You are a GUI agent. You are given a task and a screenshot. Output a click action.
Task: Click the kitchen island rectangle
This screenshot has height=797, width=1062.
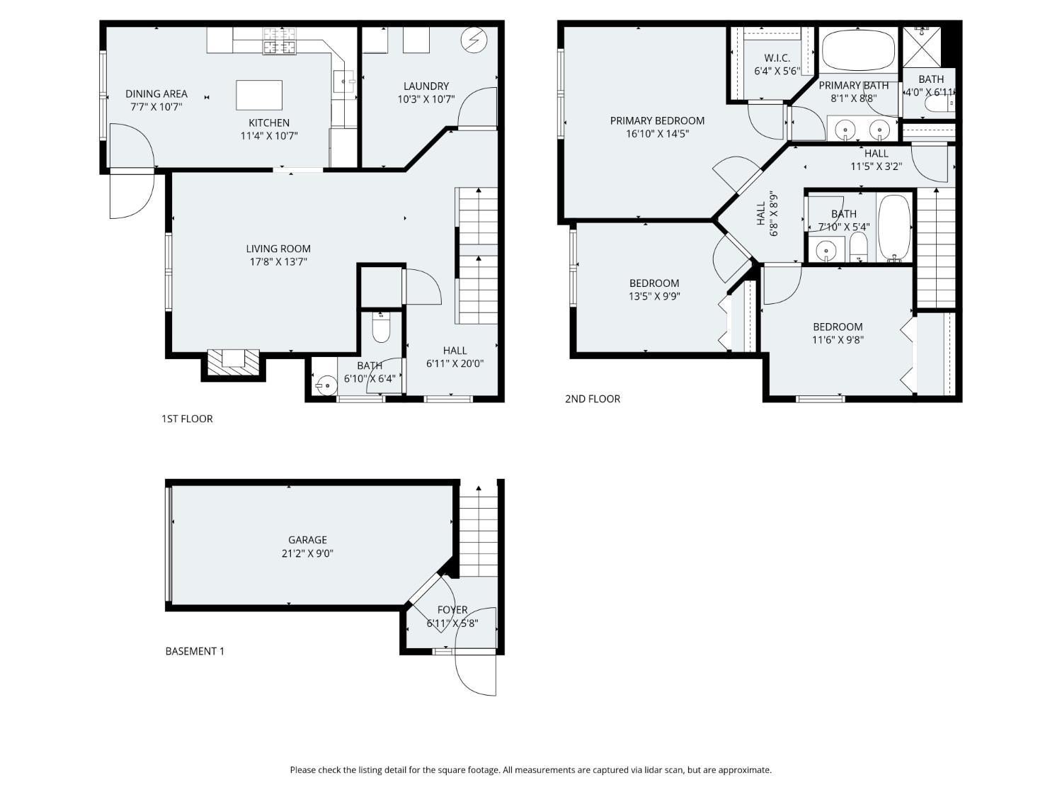(x=258, y=95)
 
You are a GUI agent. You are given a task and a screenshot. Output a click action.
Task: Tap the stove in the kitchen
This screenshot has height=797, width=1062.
(x=280, y=41)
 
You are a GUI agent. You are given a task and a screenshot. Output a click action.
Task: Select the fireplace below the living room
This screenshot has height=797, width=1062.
(x=233, y=359)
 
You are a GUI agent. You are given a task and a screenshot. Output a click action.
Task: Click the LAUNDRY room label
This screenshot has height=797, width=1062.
(x=426, y=86)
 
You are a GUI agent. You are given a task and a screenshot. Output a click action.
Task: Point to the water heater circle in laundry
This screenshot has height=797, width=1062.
(x=471, y=40)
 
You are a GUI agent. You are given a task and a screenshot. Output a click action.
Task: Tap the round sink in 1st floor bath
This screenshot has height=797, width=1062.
(x=325, y=387)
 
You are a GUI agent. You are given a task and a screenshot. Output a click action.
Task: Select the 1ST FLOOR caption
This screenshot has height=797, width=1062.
(x=187, y=419)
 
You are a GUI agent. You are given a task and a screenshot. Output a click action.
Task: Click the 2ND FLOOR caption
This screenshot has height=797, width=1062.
(x=592, y=399)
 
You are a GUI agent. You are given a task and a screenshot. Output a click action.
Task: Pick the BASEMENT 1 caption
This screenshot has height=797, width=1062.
(x=195, y=651)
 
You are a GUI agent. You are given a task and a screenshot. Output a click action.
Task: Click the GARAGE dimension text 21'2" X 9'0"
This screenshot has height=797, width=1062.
(x=307, y=553)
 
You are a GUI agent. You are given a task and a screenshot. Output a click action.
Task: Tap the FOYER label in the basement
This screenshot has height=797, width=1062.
(x=452, y=610)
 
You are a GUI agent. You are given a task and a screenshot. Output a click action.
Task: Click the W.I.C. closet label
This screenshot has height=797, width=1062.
(x=777, y=58)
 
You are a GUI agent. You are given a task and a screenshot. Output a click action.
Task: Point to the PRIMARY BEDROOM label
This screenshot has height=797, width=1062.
(x=657, y=120)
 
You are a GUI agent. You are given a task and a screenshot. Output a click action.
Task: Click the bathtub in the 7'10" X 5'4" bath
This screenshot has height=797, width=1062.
(x=894, y=228)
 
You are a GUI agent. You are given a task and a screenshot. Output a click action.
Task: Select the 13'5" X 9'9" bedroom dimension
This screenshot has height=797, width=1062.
(x=654, y=297)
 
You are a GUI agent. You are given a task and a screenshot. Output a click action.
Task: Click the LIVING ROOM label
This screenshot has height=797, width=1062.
(x=278, y=249)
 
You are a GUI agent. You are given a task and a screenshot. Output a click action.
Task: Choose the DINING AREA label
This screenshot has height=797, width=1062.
(x=156, y=94)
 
